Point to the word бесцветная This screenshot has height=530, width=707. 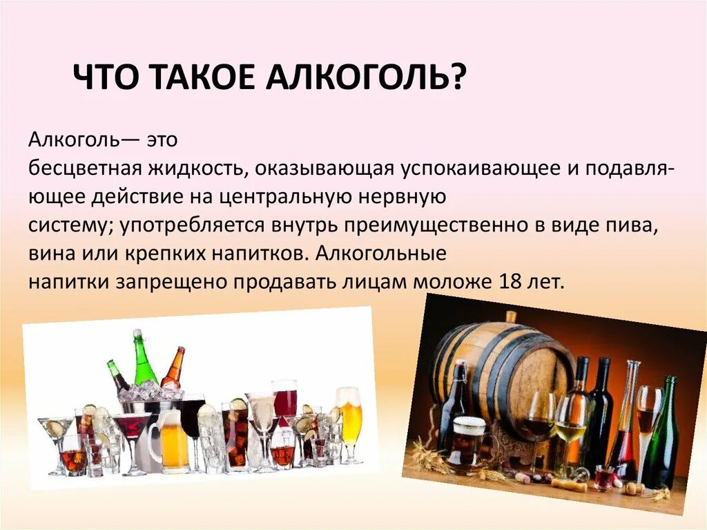[85, 169]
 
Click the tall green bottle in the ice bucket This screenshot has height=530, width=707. [143, 359]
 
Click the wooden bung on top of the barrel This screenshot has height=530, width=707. [511, 316]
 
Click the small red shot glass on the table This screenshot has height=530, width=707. [604, 477]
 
